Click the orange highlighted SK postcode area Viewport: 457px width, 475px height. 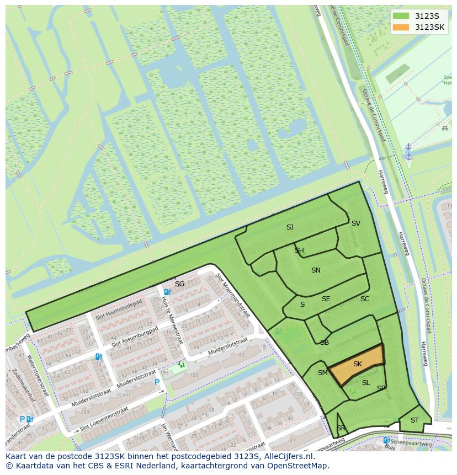pos(357,364)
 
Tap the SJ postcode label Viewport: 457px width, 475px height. pos(290,227)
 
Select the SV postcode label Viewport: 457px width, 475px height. pos(356,223)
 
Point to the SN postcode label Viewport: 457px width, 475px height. pos(316,270)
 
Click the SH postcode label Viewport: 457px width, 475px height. pos(299,250)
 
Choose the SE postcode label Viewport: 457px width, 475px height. pos(326,299)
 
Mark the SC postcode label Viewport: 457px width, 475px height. pos(365,299)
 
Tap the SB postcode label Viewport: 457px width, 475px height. pos(325,343)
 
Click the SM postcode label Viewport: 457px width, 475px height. pos(323,373)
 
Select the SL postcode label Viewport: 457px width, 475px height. pos(366,383)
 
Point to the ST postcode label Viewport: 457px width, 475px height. pos(415,420)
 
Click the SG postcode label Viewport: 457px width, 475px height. pos(179,284)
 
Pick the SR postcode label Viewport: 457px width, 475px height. pos(341,429)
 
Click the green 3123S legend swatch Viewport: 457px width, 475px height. pos(401,16)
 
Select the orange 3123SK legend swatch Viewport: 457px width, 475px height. pos(401,27)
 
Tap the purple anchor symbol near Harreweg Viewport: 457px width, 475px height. pos(408,152)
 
